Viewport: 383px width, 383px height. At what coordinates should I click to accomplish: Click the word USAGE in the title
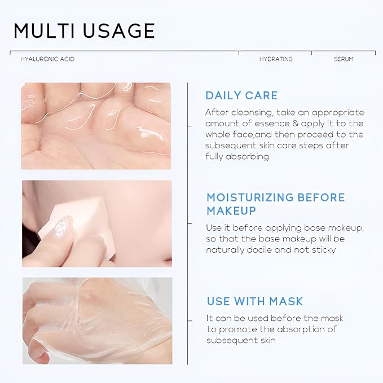[119, 30]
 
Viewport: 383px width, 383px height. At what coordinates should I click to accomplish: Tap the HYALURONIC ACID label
[47, 59]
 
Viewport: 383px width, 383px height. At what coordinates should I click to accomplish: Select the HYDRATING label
[276, 59]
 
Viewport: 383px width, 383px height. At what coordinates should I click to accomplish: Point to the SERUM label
[344, 59]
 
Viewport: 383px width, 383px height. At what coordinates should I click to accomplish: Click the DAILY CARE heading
[241, 95]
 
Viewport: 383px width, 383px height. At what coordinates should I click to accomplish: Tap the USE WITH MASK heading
[254, 301]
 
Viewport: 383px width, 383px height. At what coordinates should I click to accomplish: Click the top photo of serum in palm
[96, 125]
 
